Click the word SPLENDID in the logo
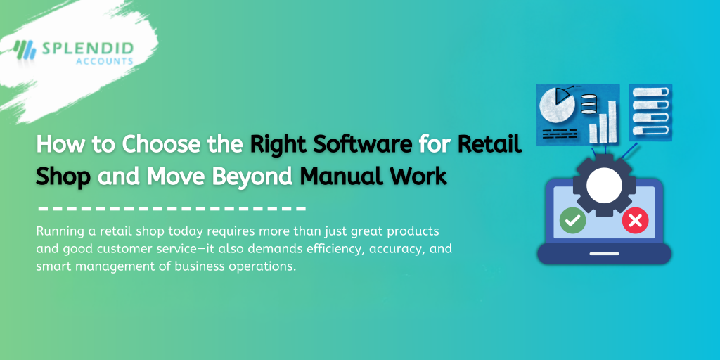(x=86, y=48)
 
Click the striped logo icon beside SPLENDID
(x=25, y=49)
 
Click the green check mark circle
(x=572, y=221)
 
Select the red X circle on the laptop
(x=635, y=221)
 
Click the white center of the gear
(x=604, y=186)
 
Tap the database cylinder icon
(x=589, y=104)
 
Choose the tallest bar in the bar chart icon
(x=612, y=121)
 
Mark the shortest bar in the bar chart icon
(x=593, y=133)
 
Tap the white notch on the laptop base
(x=604, y=253)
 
